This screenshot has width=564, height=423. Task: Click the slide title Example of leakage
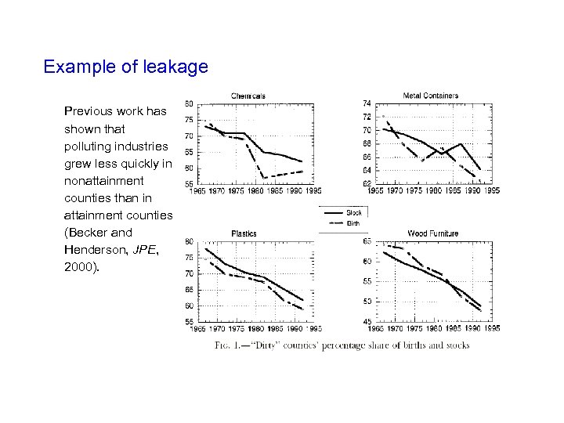point(125,67)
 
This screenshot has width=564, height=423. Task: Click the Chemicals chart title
point(248,96)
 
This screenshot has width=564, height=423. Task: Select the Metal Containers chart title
point(431,96)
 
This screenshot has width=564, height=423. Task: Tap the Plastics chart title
point(244,233)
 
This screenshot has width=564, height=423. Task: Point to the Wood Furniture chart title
point(433,233)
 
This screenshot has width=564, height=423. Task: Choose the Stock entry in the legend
point(353,212)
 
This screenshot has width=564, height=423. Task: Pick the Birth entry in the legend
point(353,222)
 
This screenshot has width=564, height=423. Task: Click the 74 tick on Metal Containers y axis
point(367,103)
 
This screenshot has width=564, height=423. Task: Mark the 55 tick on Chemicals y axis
point(189,184)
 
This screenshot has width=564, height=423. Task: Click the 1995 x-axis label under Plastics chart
point(313,328)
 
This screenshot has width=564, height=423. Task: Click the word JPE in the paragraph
point(144,250)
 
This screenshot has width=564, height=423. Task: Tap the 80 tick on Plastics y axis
point(189,241)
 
